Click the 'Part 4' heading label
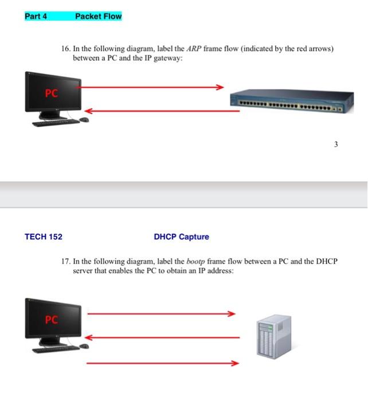36,16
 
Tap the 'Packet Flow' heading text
98,16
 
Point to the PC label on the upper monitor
52,94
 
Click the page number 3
336,145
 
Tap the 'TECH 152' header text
44,237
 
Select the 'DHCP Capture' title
181,237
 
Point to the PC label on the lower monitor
52,320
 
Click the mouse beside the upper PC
84,120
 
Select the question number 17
65,261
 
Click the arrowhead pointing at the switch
220,88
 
